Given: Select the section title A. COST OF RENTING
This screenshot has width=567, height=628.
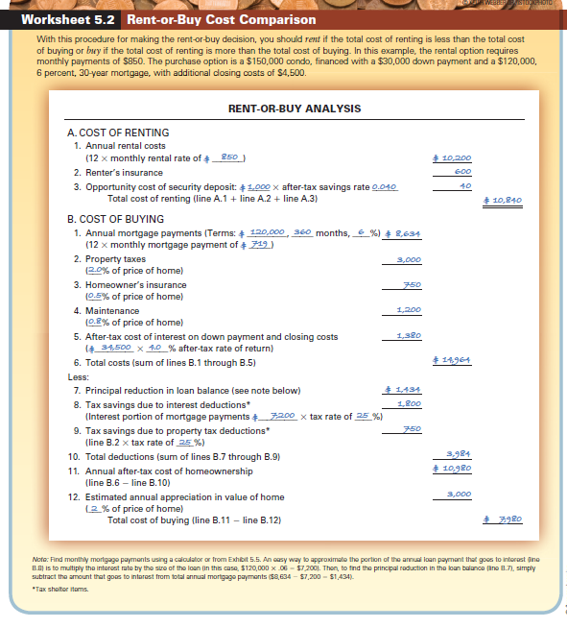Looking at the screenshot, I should (118, 132).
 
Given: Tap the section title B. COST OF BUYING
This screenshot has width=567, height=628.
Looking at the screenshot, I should (115, 220).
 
